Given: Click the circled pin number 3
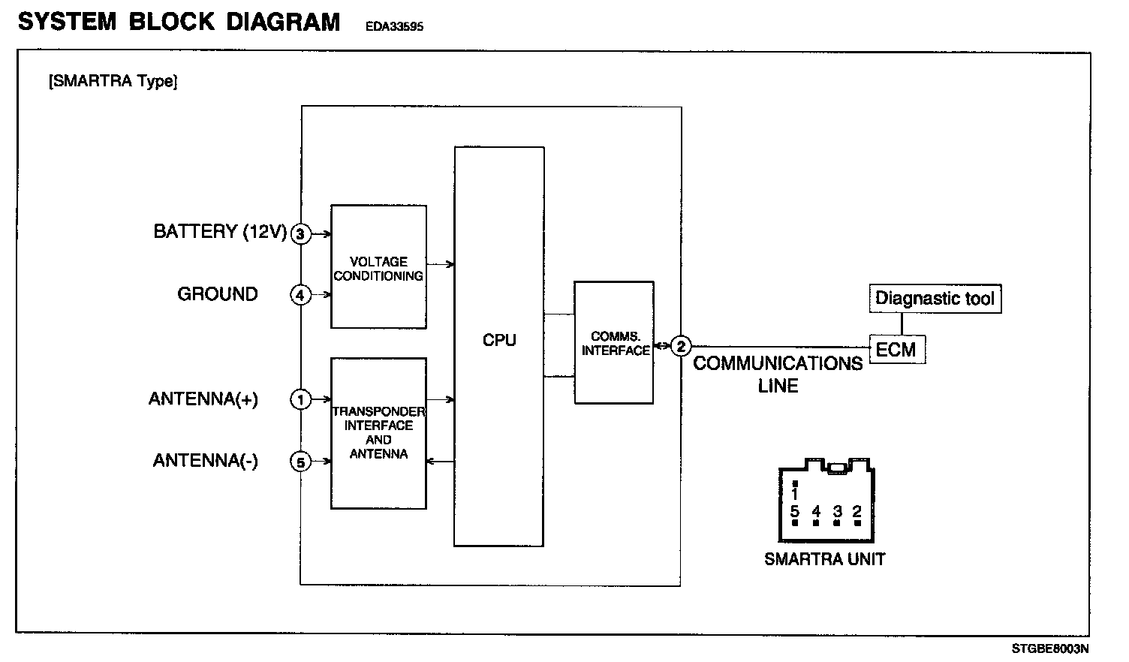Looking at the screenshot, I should point(300,234).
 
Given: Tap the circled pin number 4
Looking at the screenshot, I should point(300,295).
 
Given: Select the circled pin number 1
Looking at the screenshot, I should point(300,400).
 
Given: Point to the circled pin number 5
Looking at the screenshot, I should point(300,462).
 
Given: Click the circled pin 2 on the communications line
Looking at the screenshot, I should point(681,346).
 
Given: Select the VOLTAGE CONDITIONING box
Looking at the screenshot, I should point(378,266).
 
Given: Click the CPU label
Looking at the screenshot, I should point(499,340).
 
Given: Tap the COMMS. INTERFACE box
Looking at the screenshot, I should point(614,343).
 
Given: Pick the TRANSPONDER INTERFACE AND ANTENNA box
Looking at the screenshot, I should point(378,433).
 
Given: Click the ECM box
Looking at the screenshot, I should point(896,350).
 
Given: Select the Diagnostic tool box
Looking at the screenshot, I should point(935,299).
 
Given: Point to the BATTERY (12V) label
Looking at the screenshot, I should point(220,231).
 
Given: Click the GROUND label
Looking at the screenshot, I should point(218,294).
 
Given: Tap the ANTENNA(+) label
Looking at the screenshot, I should point(203,399).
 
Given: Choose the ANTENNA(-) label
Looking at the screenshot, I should point(206,460).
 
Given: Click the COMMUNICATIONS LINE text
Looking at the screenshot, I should point(778,374).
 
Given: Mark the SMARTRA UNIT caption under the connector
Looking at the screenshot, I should point(824,559).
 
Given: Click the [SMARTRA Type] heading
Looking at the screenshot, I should point(113,81).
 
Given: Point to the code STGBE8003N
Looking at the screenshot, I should point(1049,648).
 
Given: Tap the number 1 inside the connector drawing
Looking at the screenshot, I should point(795,495).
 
